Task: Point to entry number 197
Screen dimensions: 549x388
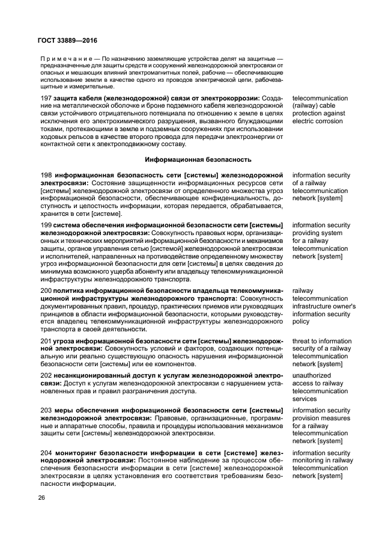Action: point(46,97)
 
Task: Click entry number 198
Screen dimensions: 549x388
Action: point(46,176)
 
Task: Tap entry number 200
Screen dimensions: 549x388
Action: point(46,290)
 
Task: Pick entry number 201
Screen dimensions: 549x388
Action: point(46,341)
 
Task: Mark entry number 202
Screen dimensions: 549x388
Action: point(46,375)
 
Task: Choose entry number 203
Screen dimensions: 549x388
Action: point(46,411)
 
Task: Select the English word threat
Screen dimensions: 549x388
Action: point(302,341)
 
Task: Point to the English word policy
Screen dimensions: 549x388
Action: point(302,322)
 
